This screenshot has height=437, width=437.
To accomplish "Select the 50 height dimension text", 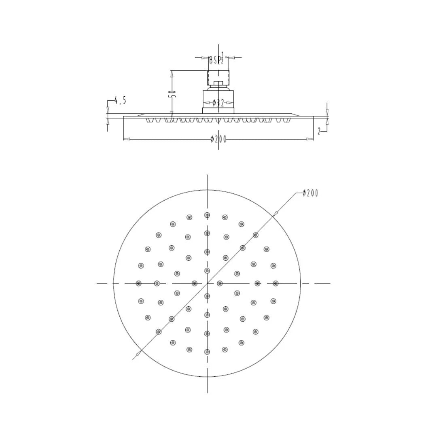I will click(172, 94).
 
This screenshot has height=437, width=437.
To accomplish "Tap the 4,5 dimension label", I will click(120, 100).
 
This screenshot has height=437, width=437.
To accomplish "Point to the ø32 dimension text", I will click(218, 103).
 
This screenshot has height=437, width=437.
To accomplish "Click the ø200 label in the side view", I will click(218, 139).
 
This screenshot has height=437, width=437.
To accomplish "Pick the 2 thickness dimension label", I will click(319, 131).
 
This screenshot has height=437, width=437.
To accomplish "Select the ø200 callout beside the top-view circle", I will click(310, 193).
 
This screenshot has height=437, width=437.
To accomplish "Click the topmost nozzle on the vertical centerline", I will click(207, 215).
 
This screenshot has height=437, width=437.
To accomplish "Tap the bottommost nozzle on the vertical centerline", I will click(207, 352).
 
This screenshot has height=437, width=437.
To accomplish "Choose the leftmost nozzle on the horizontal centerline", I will click(139, 283).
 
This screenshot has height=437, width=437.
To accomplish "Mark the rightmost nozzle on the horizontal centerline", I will click(276, 283).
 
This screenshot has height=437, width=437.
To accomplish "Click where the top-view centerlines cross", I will click(207, 283).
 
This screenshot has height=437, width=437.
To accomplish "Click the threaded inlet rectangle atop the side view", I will click(218, 76).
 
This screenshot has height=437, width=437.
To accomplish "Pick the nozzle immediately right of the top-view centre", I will click(220, 283).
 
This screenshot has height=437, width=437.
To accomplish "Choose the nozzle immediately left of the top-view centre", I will click(194, 283).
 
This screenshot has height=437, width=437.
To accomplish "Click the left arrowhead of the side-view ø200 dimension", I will click(126, 139).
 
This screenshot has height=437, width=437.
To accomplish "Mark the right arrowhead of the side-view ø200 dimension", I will click(310, 139).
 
